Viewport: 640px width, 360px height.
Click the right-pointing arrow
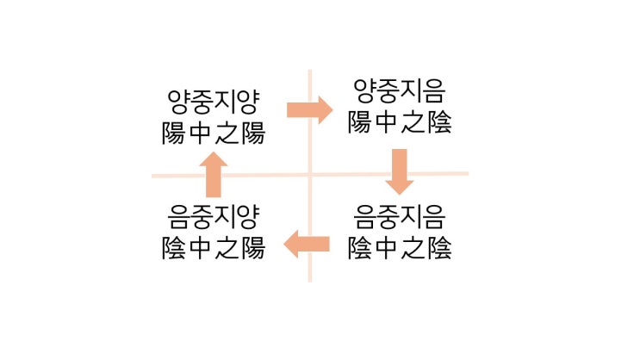click(310, 109)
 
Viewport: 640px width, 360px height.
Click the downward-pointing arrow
click(399, 172)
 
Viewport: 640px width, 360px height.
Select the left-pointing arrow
click(307, 244)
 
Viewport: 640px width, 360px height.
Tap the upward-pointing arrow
click(214, 175)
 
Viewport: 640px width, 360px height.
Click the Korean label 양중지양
click(214, 102)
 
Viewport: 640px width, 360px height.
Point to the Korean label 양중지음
click(399, 91)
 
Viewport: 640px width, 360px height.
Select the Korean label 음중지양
click(214, 217)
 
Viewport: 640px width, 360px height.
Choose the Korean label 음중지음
click(399, 217)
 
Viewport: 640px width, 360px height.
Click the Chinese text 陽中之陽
click(214, 133)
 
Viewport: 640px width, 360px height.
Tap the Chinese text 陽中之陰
click(400, 122)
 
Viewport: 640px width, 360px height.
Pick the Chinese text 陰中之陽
click(214, 248)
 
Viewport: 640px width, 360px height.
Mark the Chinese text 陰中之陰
click(400, 248)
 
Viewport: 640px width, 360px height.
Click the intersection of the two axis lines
click(310, 175)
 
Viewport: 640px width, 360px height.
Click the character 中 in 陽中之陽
click(200, 133)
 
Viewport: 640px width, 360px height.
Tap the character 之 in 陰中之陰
click(413, 248)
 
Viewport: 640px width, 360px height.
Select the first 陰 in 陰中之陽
click(173, 248)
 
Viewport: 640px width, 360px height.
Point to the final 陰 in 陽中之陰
click(439, 122)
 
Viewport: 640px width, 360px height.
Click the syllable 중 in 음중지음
click(388, 217)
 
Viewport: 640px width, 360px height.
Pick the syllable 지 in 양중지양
click(225, 102)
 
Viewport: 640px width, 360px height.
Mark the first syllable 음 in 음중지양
click(179, 217)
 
